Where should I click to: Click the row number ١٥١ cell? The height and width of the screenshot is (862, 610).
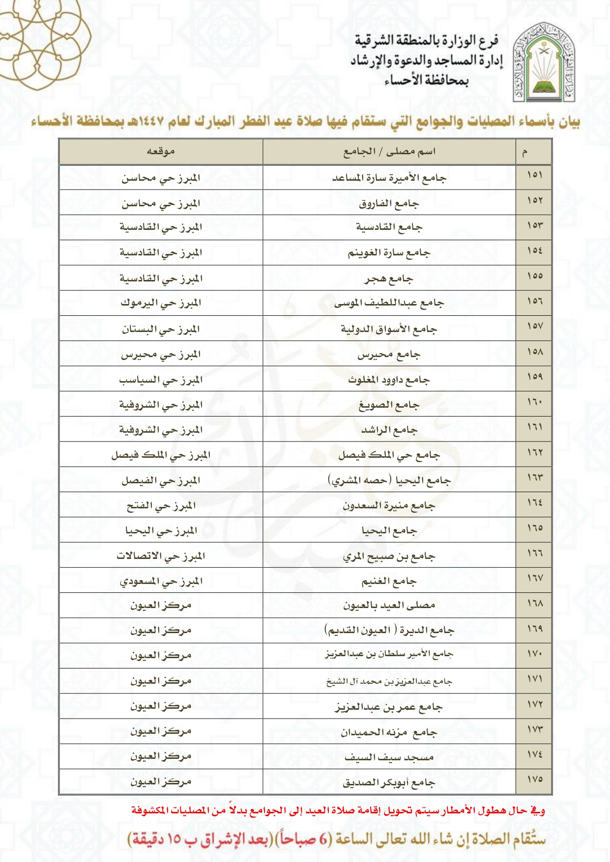pyautogui.click(x=534, y=175)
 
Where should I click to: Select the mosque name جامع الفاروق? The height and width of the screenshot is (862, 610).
pyautogui.click(x=389, y=203)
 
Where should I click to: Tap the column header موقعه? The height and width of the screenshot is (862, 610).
pyautogui.click(x=161, y=151)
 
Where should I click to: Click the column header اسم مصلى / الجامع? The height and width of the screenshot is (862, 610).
pyautogui.click(x=389, y=151)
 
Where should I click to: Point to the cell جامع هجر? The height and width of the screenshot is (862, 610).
pyautogui.click(x=388, y=278)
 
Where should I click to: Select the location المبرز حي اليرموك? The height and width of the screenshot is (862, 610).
pyautogui.click(x=161, y=303)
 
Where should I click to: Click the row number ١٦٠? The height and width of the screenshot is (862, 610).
pyautogui.click(x=534, y=402)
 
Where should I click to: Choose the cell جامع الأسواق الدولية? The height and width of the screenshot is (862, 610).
pyautogui.click(x=388, y=329)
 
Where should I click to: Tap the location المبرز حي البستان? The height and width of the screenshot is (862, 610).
pyautogui.click(x=161, y=329)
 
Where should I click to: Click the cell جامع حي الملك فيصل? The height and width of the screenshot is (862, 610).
pyautogui.click(x=388, y=455)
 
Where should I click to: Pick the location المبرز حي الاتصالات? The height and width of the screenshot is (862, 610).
pyautogui.click(x=161, y=556)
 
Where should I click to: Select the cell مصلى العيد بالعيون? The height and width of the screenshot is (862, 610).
pyautogui.click(x=389, y=605)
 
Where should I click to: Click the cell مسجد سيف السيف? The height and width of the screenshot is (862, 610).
pyautogui.click(x=389, y=757)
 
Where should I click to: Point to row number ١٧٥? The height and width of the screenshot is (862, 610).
pyautogui.click(x=534, y=779)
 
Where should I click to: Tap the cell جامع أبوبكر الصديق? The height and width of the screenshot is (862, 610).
pyautogui.click(x=389, y=782)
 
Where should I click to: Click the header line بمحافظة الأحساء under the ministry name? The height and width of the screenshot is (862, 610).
pyautogui.click(x=426, y=80)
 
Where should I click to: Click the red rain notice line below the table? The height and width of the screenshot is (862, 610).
pyautogui.click(x=338, y=810)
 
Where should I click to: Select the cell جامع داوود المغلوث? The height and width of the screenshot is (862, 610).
pyautogui.click(x=388, y=379)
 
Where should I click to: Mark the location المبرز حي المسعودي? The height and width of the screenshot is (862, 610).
pyautogui.click(x=161, y=581)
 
